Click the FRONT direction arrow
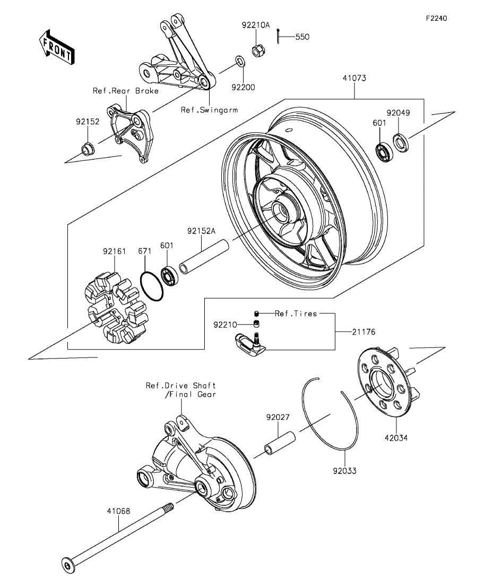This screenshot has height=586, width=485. click(57, 47)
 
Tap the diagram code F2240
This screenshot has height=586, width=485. click(437, 18)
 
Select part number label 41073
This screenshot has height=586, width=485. click(354, 78)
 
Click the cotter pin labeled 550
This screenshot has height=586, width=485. click(279, 36)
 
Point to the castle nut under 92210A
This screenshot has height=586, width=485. click(256, 50)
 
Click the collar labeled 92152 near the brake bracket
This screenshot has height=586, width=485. click(88, 149)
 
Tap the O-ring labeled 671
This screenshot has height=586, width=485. click(152, 287)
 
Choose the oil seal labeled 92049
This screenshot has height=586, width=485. click(401, 143)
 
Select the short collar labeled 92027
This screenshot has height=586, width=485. click(280, 443)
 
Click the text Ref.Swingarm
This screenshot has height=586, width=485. click(209, 110)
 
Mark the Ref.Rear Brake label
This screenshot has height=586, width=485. click(125, 91)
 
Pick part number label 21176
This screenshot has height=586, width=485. click(363, 332)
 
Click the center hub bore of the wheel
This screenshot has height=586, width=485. click(280, 212)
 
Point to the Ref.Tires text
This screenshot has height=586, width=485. click(296, 313)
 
